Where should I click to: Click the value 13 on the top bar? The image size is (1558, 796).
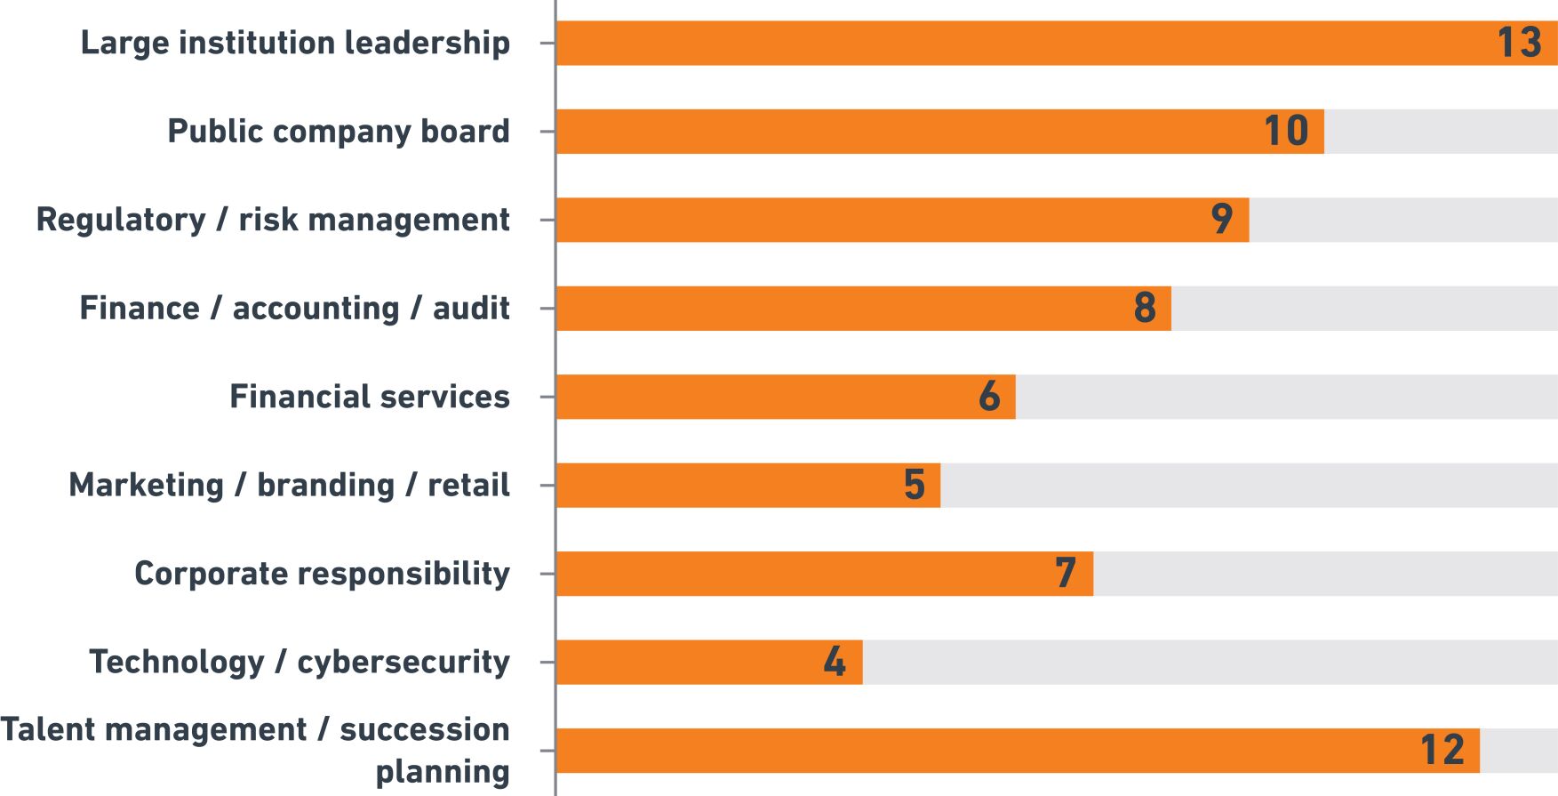(1519, 43)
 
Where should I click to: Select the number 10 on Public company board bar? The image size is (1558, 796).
(1286, 132)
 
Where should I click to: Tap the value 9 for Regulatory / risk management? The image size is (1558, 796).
(1222, 220)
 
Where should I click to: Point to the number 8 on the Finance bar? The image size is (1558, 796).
(1145, 309)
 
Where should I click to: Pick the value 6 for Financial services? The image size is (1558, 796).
(989, 397)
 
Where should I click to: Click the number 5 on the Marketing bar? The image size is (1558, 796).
(915, 486)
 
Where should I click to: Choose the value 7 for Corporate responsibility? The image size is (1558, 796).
(1066, 574)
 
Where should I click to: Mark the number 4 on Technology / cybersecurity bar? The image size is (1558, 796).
(835, 663)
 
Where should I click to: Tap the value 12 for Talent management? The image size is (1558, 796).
(1442, 751)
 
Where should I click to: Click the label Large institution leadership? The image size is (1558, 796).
(295, 43)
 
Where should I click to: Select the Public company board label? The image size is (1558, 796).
(339, 132)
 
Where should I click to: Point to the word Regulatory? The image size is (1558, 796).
(121, 220)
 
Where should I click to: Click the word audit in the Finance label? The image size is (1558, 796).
(471, 309)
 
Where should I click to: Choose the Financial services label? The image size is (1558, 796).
(370, 397)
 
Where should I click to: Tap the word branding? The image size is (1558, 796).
(325, 486)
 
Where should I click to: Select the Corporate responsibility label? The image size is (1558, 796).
(322, 574)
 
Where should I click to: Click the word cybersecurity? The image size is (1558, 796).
(403, 663)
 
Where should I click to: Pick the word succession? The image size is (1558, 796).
(424, 729)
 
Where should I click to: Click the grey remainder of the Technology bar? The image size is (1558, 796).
(1209, 663)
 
